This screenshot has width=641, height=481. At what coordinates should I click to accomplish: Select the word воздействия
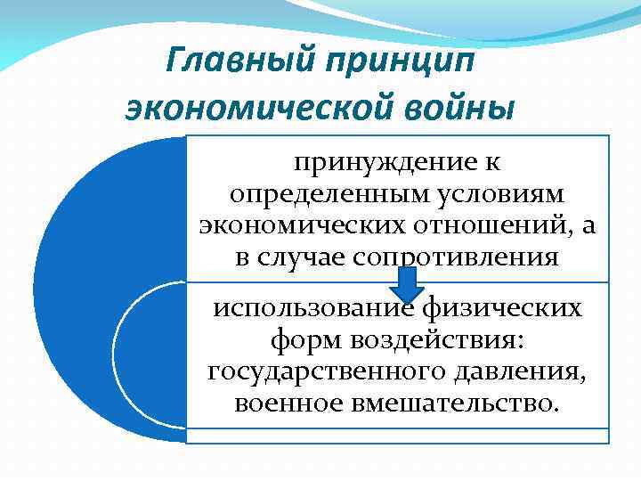pos(437,340)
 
